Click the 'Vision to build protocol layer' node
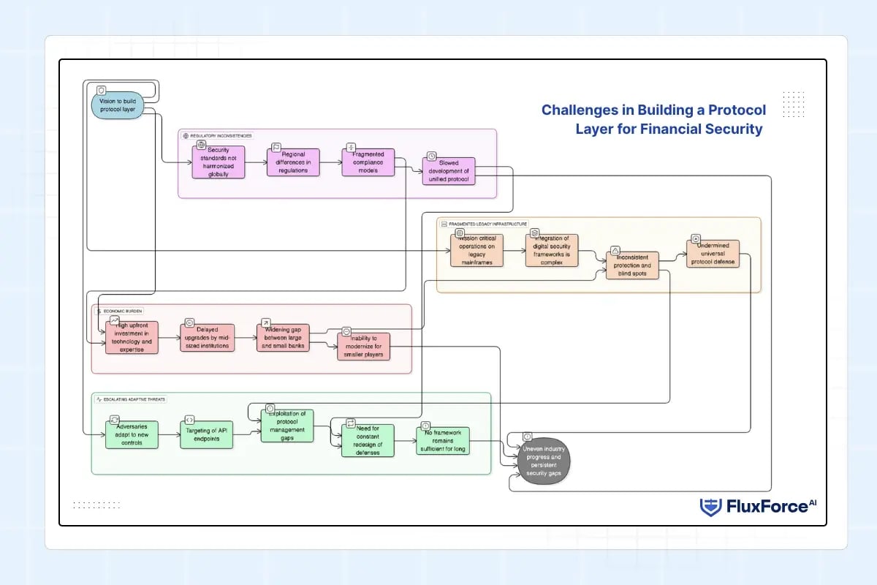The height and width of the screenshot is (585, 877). [x=118, y=106]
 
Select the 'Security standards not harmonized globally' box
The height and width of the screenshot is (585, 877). [x=219, y=162]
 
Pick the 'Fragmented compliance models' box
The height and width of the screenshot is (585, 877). [x=368, y=162]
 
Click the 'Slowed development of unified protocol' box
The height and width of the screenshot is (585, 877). [x=448, y=171]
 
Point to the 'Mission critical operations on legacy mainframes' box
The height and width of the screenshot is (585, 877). [x=477, y=249]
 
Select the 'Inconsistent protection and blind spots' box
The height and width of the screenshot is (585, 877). [x=632, y=265]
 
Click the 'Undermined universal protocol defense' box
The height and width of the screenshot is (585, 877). [x=713, y=253]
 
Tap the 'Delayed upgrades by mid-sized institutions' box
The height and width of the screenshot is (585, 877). [x=208, y=338]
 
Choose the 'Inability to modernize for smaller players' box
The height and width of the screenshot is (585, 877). [x=364, y=346]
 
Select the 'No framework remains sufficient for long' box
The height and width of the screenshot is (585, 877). [x=443, y=440]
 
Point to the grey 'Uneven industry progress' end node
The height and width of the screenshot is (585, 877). [x=541, y=462]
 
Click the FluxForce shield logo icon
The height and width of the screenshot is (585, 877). [x=710, y=507]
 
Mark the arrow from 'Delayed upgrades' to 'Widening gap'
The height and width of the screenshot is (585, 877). [x=246, y=338]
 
